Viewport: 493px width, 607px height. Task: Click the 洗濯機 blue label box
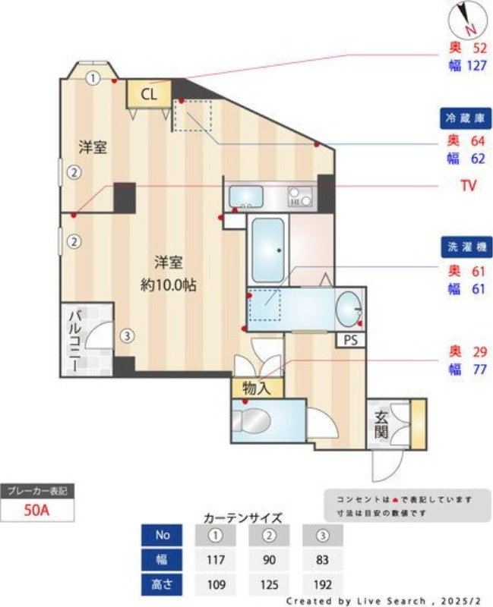click(465, 247)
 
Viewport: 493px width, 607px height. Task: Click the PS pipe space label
click(350, 340)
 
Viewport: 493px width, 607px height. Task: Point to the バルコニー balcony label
click(75, 339)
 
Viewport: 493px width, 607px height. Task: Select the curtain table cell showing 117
click(216, 559)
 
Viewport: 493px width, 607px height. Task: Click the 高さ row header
click(162, 584)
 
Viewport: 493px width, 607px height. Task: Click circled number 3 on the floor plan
click(128, 334)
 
